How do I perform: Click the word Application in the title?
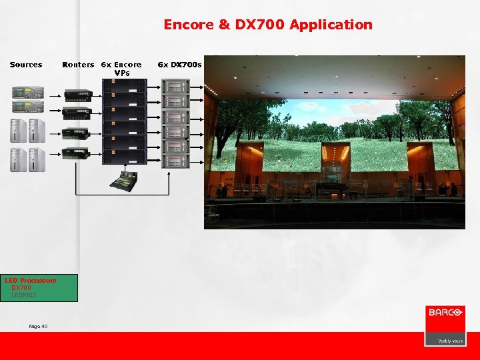tap(331, 25)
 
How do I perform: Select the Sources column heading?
tap(26, 65)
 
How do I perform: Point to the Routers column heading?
tap(78, 65)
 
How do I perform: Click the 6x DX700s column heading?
tap(179, 65)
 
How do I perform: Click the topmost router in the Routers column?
tap(77, 94)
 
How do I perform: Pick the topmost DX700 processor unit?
tap(177, 87)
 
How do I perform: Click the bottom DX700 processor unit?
tap(177, 160)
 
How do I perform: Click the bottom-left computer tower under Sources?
tap(18, 159)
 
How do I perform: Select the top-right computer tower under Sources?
tap(37, 130)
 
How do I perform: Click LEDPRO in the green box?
tap(23, 295)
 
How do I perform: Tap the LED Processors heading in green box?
tap(31, 281)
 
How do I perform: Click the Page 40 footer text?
tap(38, 326)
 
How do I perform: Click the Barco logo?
tap(445, 313)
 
